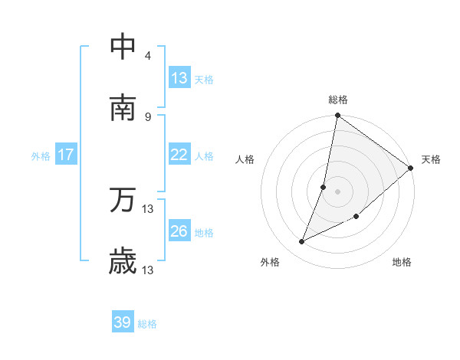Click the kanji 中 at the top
point(123,47)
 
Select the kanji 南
point(123,107)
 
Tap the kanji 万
point(123,201)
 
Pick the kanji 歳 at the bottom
point(123,262)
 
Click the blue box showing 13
point(179,78)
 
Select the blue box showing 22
point(179,155)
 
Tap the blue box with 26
point(179,231)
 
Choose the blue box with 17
point(66,155)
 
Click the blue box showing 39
point(123,322)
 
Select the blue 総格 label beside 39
point(147,324)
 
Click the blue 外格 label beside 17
point(41,156)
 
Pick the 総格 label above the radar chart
point(338,100)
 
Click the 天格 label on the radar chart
point(431,159)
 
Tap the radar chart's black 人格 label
point(245,159)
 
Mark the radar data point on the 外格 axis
point(302,242)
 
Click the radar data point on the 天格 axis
point(411,169)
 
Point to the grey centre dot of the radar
point(338,191)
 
